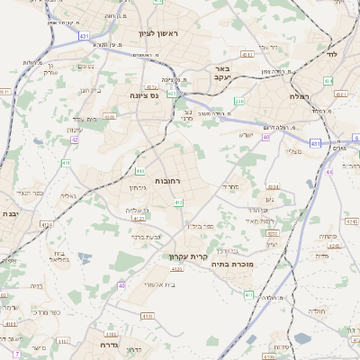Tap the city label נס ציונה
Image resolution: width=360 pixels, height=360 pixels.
click(142, 94)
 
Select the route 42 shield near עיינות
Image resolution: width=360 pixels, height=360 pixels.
click(75, 139)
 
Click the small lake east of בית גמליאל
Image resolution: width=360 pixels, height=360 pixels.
click(85, 258)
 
